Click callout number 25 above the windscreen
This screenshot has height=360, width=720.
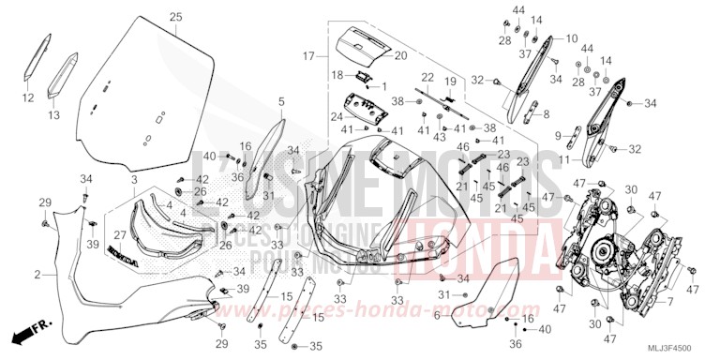175,18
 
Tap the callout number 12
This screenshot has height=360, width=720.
26,97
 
